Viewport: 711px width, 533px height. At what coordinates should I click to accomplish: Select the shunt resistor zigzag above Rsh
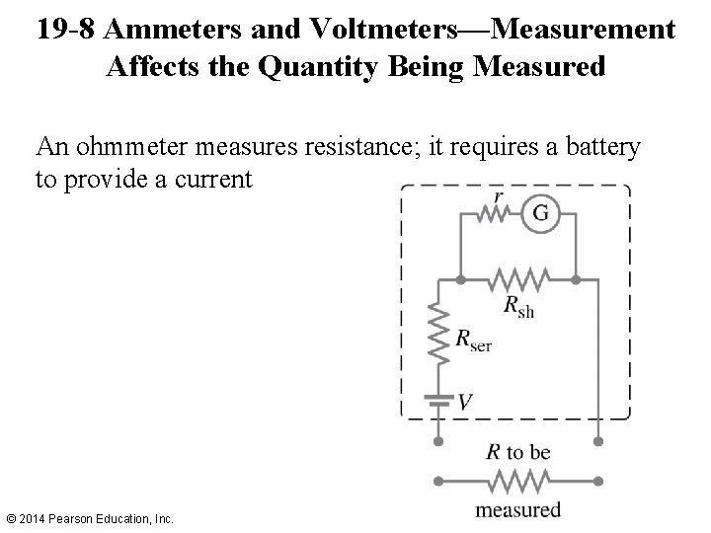(520, 277)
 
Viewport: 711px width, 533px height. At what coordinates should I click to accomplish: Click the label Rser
(472, 342)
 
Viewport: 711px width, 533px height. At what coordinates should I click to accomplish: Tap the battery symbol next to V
(436, 400)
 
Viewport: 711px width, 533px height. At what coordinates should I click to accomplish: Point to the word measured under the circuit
(517, 509)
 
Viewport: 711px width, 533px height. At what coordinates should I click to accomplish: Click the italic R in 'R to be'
(494, 453)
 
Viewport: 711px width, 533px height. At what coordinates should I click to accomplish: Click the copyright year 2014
(37, 518)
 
